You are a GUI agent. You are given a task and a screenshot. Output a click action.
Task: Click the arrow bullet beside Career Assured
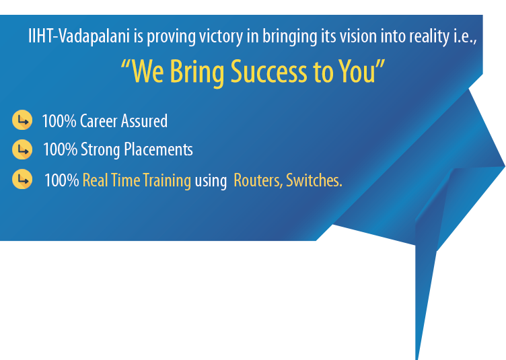point(23,121)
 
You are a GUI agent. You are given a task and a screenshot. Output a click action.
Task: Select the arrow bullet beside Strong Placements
point(23,149)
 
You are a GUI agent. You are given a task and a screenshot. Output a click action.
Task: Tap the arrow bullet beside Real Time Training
point(23,180)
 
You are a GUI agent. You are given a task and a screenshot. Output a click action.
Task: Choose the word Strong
point(100,150)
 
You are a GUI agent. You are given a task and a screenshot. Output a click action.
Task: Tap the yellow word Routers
point(258,181)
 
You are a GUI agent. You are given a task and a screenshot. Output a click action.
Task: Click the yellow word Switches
point(314,181)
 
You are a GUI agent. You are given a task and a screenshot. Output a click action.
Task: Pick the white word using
point(210,182)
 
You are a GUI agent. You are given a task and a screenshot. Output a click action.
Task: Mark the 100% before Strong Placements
point(60,149)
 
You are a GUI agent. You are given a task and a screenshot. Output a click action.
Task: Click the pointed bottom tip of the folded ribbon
point(417,357)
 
